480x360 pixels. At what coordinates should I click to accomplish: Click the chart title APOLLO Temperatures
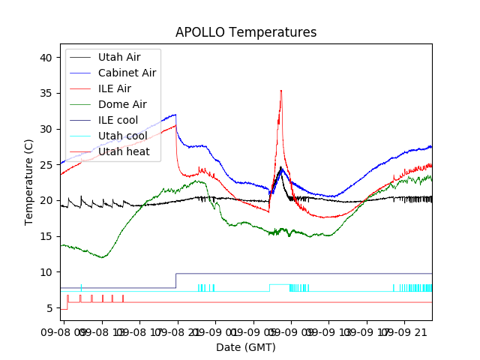[x=245, y=32]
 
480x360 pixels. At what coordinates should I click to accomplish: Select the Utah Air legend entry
[x=118, y=57]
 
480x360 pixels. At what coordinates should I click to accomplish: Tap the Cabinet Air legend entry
[x=127, y=73]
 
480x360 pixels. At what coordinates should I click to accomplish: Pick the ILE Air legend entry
[x=114, y=88]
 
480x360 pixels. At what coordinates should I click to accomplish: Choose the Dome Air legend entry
[x=122, y=104]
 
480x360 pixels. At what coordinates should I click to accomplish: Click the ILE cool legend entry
[x=118, y=120]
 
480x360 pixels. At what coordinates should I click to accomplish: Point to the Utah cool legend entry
[x=122, y=136]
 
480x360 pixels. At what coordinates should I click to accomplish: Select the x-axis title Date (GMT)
[x=245, y=347]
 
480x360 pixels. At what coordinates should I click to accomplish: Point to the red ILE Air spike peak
[x=281, y=91]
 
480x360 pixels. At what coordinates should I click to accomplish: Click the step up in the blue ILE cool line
[x=175, y=280]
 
